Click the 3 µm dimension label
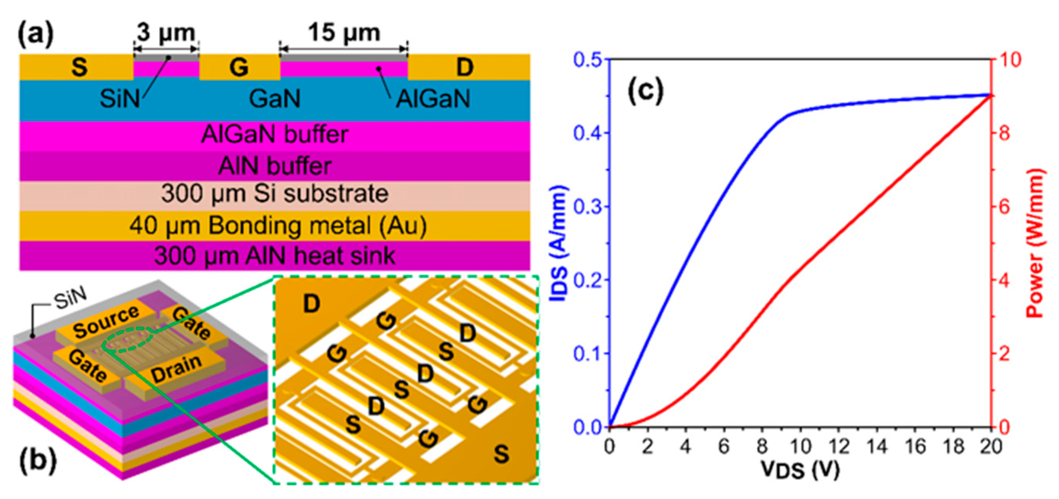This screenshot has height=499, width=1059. coord(166,33)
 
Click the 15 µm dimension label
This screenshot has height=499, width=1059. coord(344,33)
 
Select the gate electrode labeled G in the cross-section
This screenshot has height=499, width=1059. coord(239,67)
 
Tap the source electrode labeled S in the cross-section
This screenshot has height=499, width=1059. coord(79,67)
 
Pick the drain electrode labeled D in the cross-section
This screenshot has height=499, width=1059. coord(464,67)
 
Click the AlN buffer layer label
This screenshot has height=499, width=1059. coord(275,166)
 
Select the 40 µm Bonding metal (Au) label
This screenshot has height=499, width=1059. coord(278,225)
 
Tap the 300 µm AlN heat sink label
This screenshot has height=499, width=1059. coord(275,256)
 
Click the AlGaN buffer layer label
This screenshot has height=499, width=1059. coord(275,134)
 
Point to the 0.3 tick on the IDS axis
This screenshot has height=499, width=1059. coord(587,207)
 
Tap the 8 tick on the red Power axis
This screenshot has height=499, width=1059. coord(1004,133)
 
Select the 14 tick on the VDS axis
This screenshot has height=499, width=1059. coord(877,447)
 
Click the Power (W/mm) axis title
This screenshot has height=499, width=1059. coord(1035,243)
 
